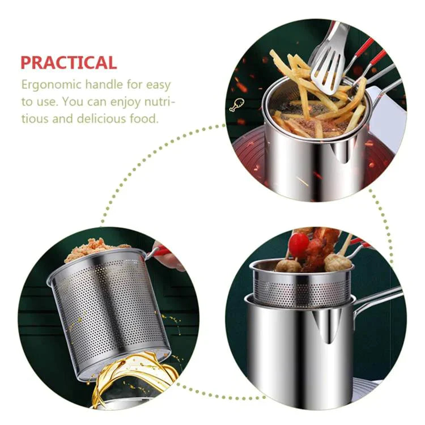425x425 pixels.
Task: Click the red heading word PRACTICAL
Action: click(x=69, y=62)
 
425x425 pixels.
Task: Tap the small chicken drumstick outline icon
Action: click(x=233, y=105)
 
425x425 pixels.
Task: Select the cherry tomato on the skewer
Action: click(x=299, y=244)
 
